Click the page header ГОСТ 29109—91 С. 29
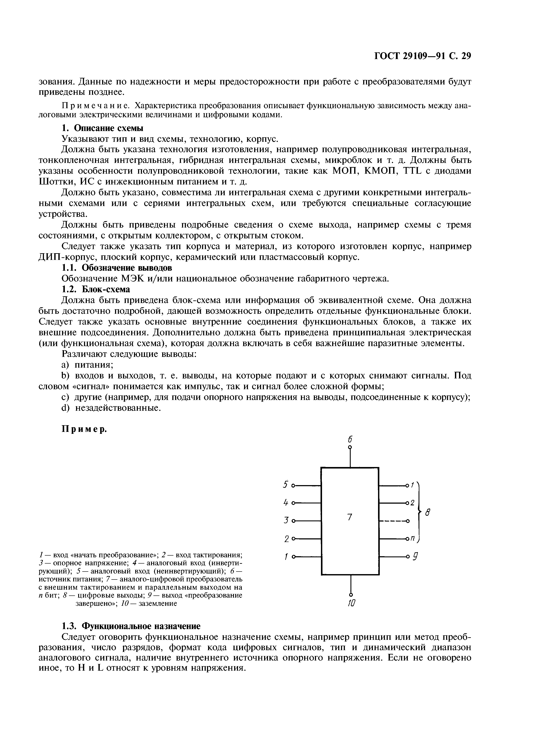pos(423,56)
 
